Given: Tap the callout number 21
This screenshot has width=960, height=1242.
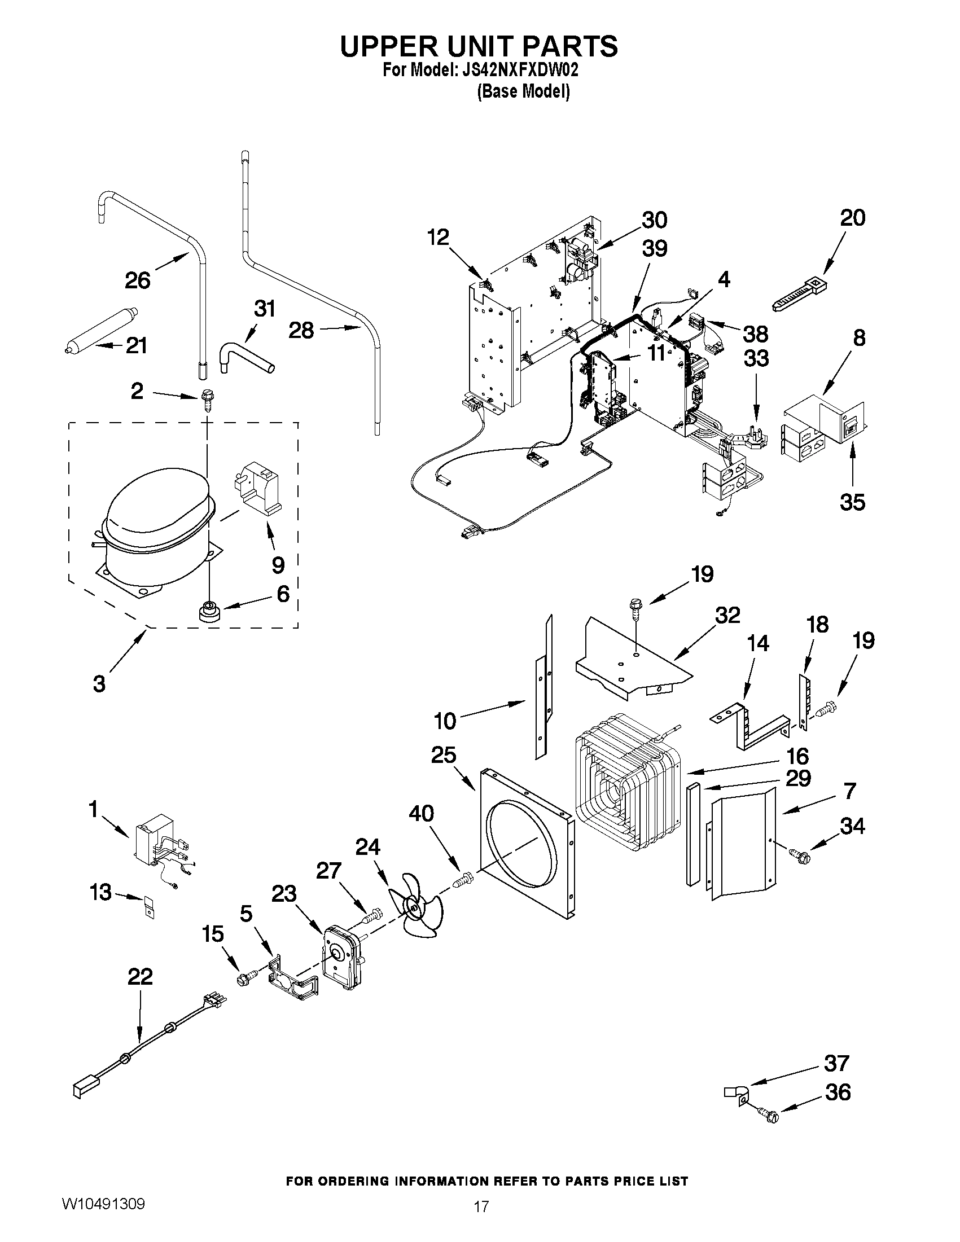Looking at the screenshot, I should [137, 345].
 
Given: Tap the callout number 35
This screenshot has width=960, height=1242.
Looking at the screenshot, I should [852, 502].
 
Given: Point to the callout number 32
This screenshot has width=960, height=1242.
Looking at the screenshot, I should [727, 615].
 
